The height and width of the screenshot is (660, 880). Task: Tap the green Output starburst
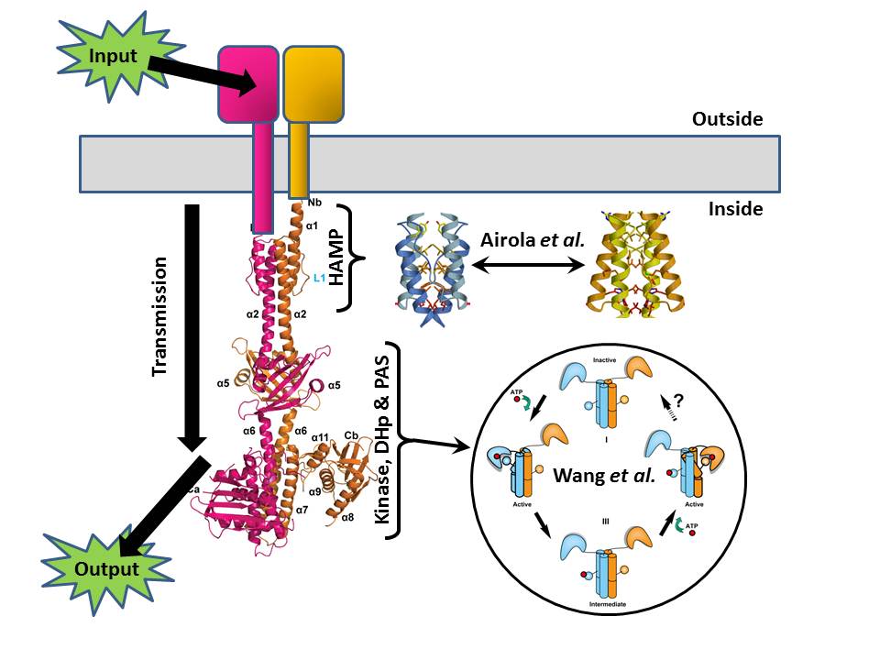[106, 567]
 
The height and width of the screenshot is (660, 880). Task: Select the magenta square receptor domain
[247, 83]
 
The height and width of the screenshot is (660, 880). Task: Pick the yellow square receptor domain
[313, 83]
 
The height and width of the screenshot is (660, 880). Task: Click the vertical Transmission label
[160, 316]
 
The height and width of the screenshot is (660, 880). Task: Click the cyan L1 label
[319, 278]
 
